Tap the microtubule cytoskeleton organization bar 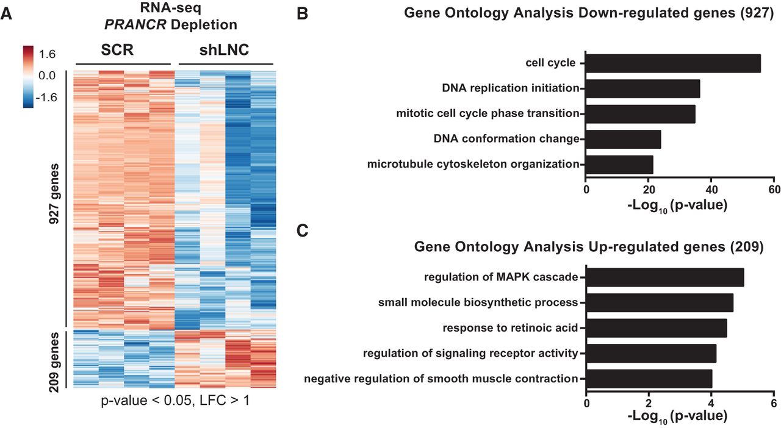click(x=619, y=165)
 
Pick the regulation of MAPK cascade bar click(x=665, y=277)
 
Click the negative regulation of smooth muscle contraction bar click(x=649, y=379)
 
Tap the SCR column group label click(x=117, y=51)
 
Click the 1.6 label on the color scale click(x=48, y=54)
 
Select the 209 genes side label click(x=55, y=358)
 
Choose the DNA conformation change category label click(x=506, y=139)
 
